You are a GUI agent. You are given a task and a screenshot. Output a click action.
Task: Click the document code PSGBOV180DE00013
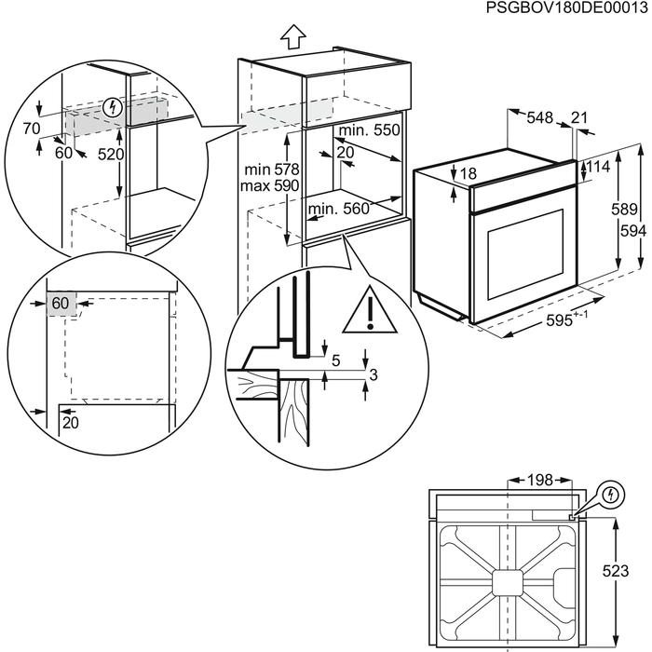pyautogui.click(x=566, y=8)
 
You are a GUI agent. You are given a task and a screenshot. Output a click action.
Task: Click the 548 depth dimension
pyautogui.click(x=540, y=117)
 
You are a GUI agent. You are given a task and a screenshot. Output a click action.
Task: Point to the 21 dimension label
pyautogui.click(x=578, y=117)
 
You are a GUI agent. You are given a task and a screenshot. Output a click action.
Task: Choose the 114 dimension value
pyautogui.click(x=601, y=168)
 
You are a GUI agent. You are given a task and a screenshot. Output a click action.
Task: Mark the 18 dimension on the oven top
pyautogui.click(x=468, y=173)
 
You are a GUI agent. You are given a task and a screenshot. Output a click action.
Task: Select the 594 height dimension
pyautogui.click(x=634, y=230)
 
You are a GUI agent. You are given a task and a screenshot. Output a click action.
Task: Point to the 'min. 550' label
pyautogui.click(x=369, y=131)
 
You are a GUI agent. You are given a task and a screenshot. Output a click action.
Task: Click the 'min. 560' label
pyautogui.click(x=339, y=210)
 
